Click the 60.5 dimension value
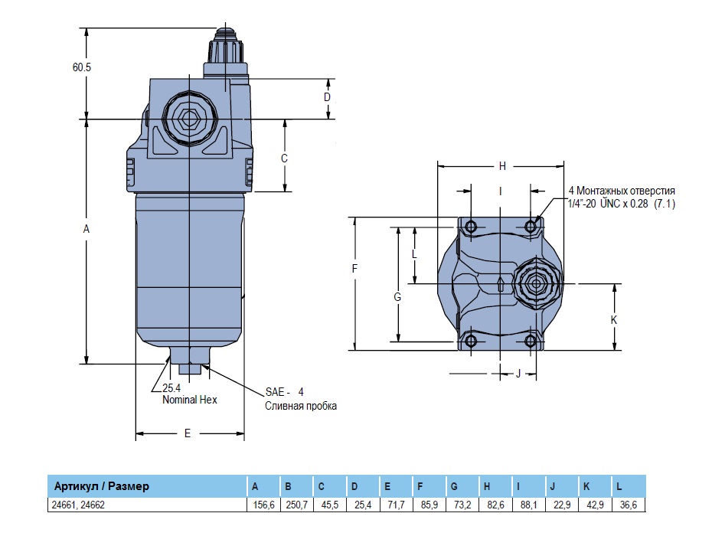(82, 67)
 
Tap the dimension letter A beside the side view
(87, 229)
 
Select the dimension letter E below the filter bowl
(188, 433)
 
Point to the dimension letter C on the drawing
(284, 158)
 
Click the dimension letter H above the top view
(502, 165)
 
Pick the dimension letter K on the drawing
(614, 320)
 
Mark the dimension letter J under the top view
(518, 374)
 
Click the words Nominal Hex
(189, 400)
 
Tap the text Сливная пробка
(301, 406)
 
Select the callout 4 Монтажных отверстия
(621, 191)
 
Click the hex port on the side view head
(188, 118)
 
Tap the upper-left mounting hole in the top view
(470, 227)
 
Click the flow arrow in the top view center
(499, 285)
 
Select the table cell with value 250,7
(296, 505)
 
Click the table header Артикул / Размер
(101, 486)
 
